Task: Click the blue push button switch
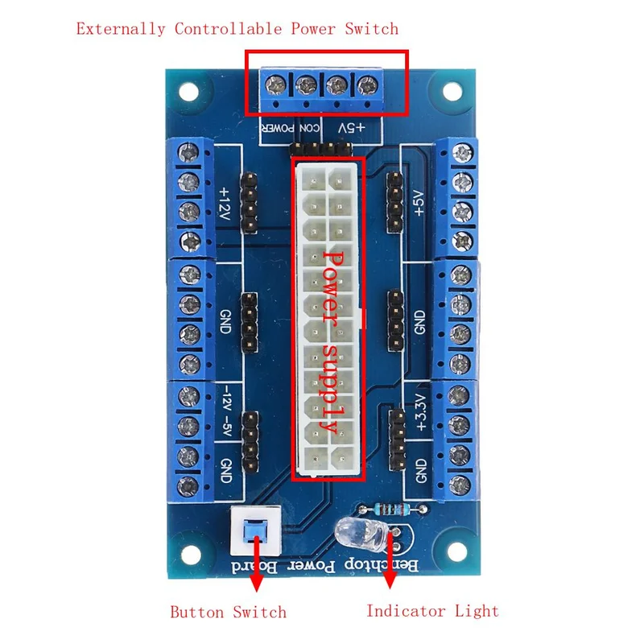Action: coord(255,530)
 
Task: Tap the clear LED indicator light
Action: coord(361,533)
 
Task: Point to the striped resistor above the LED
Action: coord(391,510)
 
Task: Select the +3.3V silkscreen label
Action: coord(420,412)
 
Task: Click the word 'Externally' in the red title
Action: coord(120,29)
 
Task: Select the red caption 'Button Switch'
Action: coord(229,612)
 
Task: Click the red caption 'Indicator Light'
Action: coord(432,611)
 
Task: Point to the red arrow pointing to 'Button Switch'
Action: coord(257,563)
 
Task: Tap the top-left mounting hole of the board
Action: coord(189,92)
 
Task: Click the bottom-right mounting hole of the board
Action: coord(456,551)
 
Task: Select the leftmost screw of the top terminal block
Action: coord(275,85)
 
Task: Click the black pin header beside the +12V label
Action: coord(249,203)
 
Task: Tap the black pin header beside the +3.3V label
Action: coord(397,440)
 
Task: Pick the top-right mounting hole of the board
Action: coord(452,91)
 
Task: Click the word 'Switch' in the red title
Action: coord(371,29)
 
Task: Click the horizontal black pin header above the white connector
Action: coord(320,148)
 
